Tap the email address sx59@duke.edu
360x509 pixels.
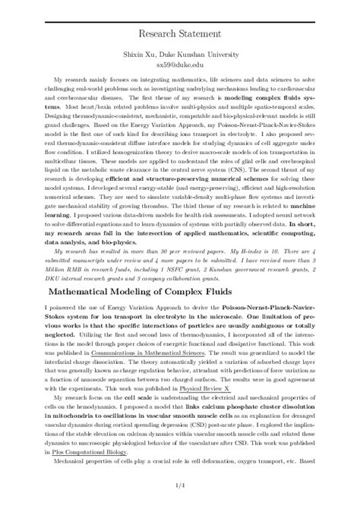click(x=180, y=65)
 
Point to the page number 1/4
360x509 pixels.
click(x=180, y=485)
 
